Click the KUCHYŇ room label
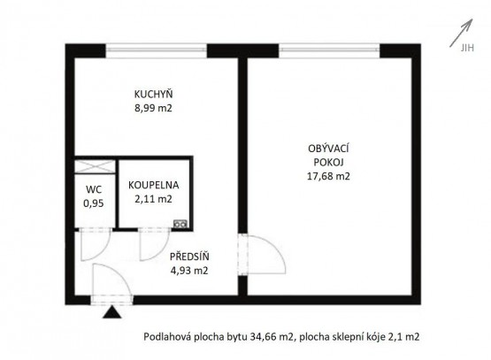pos(153,94)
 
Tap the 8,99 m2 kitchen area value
pos(153,108)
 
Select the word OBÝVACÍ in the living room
pos(328,148)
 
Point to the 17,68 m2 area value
pos(328,176)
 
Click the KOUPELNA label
pos(153,185)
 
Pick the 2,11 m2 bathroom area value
pos(153,199)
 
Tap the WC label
pos(94,189)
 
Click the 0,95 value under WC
pos(94,203)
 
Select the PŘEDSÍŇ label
pos(189,257)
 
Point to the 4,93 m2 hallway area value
pos(189,271)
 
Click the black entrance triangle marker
pos(111,312)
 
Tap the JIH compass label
pos(467,48)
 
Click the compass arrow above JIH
pos(461,33)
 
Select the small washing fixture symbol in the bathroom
pos(180,224)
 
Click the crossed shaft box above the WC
pos(95,166)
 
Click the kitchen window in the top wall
pos(156,50)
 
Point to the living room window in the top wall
pos(329,50)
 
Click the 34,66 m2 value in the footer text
pos(272,337)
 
